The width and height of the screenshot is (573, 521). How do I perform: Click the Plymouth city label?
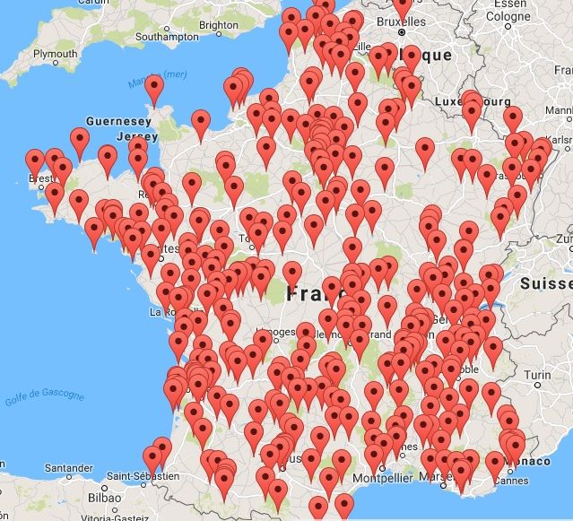(55, 54)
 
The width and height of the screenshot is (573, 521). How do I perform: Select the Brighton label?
(219, 26)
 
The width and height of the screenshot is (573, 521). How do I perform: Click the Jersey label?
(130, 135)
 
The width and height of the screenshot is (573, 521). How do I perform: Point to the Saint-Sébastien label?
(139, 475)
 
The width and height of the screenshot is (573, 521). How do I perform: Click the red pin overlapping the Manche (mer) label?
(154, 90)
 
